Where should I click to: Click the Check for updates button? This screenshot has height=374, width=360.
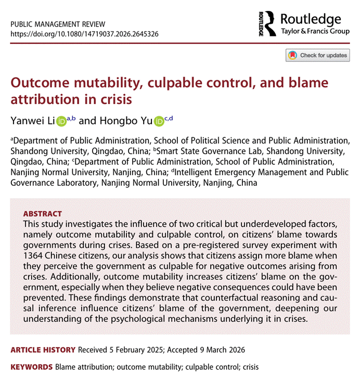coord(317,55)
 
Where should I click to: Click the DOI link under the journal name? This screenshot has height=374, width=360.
coord(84,34)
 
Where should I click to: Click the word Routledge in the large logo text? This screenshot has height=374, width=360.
coord(311,20)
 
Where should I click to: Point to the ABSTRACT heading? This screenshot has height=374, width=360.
coord(43,214)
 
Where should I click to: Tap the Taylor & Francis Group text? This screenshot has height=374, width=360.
coord(311,31)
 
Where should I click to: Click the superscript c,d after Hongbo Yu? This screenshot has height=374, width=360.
coord(169,118)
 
